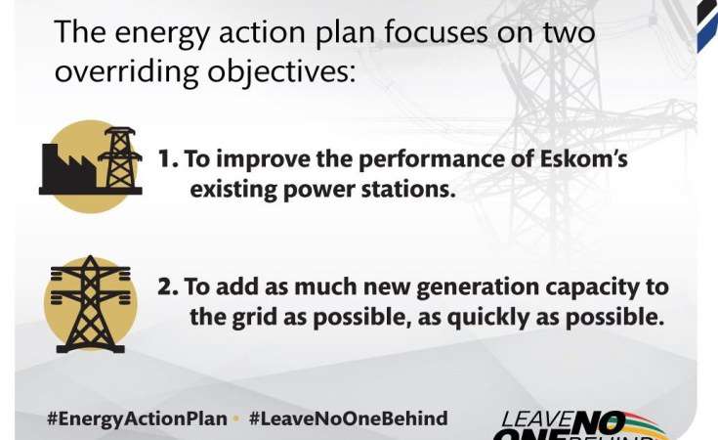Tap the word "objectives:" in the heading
tap(281, 71)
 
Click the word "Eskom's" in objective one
tap(584, 158)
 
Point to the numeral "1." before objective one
tap(168, 159)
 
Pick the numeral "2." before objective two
tap(168, 286)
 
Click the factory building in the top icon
tap(68, 166)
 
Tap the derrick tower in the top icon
tap(120, 158)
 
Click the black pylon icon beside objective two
tap(90, 304)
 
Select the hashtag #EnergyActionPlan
tap(138, 418)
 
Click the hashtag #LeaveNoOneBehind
tap(349, 418)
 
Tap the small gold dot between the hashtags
tap(236, 418)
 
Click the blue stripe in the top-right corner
tap(708, 37)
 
